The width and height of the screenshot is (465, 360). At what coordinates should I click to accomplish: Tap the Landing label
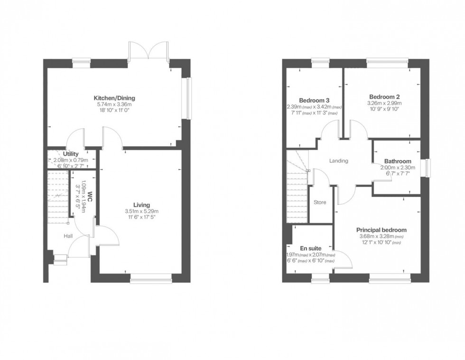pos(339,161)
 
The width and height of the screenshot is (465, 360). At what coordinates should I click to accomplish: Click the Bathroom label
pos(398,161)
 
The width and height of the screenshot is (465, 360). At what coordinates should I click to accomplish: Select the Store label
pos(320,202)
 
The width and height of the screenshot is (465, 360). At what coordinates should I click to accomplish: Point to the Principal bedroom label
pos(381,230)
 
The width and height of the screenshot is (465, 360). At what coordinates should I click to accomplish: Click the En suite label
pos(311,248)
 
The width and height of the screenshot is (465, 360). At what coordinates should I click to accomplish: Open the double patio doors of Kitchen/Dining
pos(149,51)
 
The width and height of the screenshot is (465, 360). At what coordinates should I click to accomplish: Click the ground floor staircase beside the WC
pos(58,196)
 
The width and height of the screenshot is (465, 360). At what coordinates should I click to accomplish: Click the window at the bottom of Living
pos(151,281)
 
